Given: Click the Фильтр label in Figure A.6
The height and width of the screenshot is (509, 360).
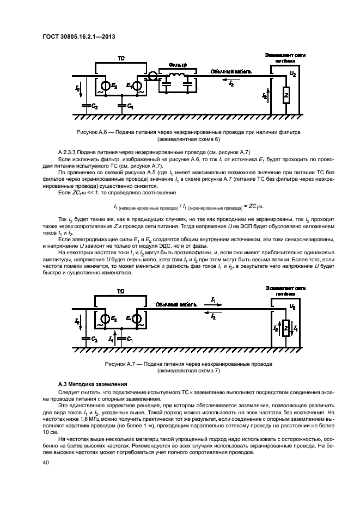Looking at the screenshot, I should [x=178, y=65].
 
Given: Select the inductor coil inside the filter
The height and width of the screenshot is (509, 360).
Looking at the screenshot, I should [x=176, y=76].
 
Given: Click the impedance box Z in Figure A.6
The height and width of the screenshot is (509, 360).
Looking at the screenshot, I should [x=285, y=97].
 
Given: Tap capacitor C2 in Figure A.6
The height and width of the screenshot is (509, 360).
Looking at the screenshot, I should [x=84, y=106].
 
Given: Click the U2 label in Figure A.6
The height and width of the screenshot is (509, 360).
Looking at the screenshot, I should [x=293, y=72].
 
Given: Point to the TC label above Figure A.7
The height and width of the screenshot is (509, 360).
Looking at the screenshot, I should [x=120, y=292].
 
